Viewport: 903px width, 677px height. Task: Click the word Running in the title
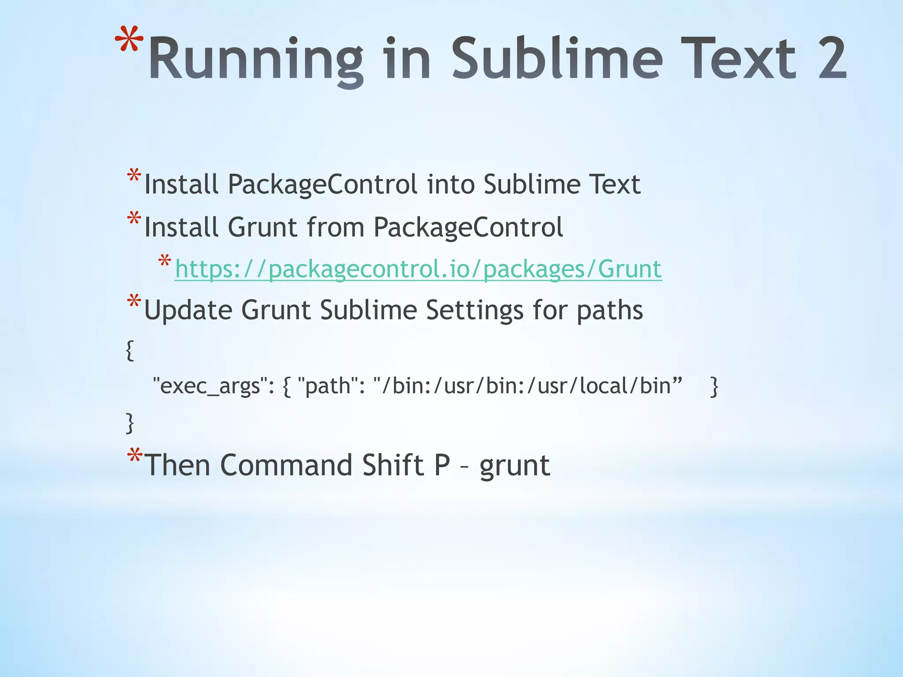256,60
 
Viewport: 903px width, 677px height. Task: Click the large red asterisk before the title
129,42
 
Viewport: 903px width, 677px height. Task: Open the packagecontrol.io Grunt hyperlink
418,269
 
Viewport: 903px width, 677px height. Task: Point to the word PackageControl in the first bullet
322,184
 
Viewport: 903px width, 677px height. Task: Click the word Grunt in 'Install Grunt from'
262,227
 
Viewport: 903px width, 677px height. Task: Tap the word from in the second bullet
335,227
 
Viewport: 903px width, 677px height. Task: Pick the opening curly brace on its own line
130,350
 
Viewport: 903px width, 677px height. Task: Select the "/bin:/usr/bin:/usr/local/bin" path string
527,386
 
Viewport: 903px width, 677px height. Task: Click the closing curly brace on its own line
130,423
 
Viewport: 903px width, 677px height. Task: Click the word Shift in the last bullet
392,465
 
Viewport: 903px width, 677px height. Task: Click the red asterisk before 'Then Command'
134,456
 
